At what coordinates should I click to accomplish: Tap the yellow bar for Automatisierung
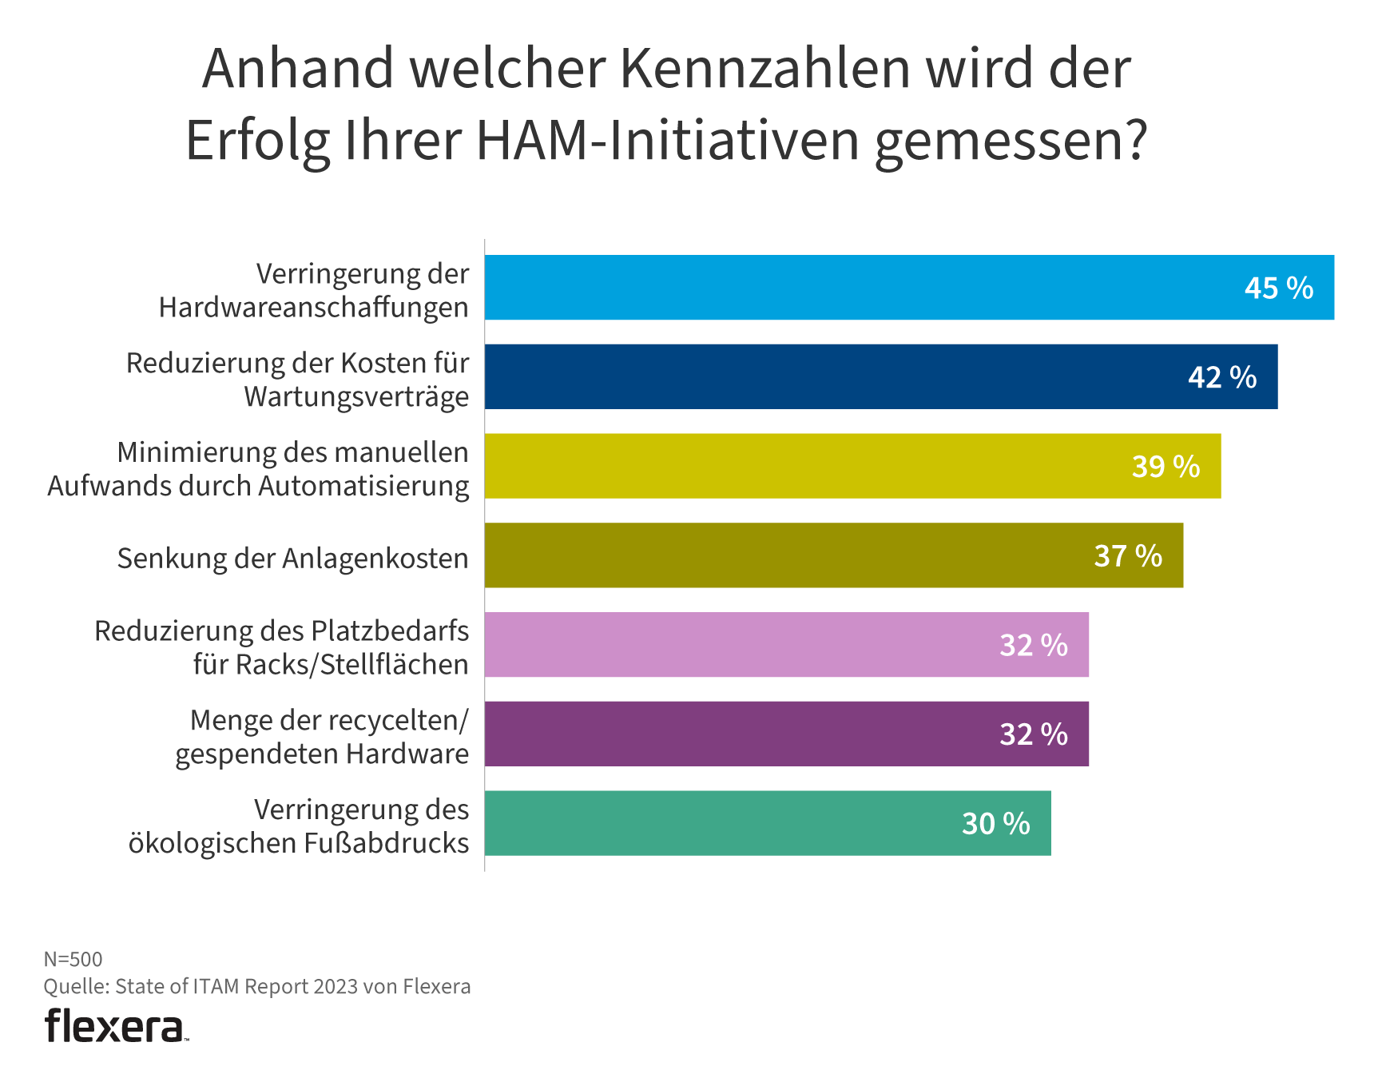[799, 466]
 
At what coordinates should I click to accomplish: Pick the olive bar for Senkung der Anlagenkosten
[783, 555]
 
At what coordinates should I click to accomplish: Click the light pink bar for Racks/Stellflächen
[735, 645]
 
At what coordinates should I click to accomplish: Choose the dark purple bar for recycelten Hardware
[735, 734]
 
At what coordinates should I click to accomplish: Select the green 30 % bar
[719, 823]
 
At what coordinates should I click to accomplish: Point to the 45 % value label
[1278, 288]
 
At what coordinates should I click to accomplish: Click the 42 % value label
[1222, 377]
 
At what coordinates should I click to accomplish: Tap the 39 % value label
[1166, 467]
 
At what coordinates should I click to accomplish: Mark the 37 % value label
[1128, 556]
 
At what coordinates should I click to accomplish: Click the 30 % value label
[995, 824]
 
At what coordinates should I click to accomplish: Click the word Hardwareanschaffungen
[313, 308]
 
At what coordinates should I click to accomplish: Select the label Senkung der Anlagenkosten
[292, 558]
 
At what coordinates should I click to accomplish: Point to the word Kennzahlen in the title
[765, 69]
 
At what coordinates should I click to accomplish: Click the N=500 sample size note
[73, 959]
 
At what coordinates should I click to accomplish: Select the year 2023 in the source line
[336, 987]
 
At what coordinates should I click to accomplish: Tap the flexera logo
[115, 1026]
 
